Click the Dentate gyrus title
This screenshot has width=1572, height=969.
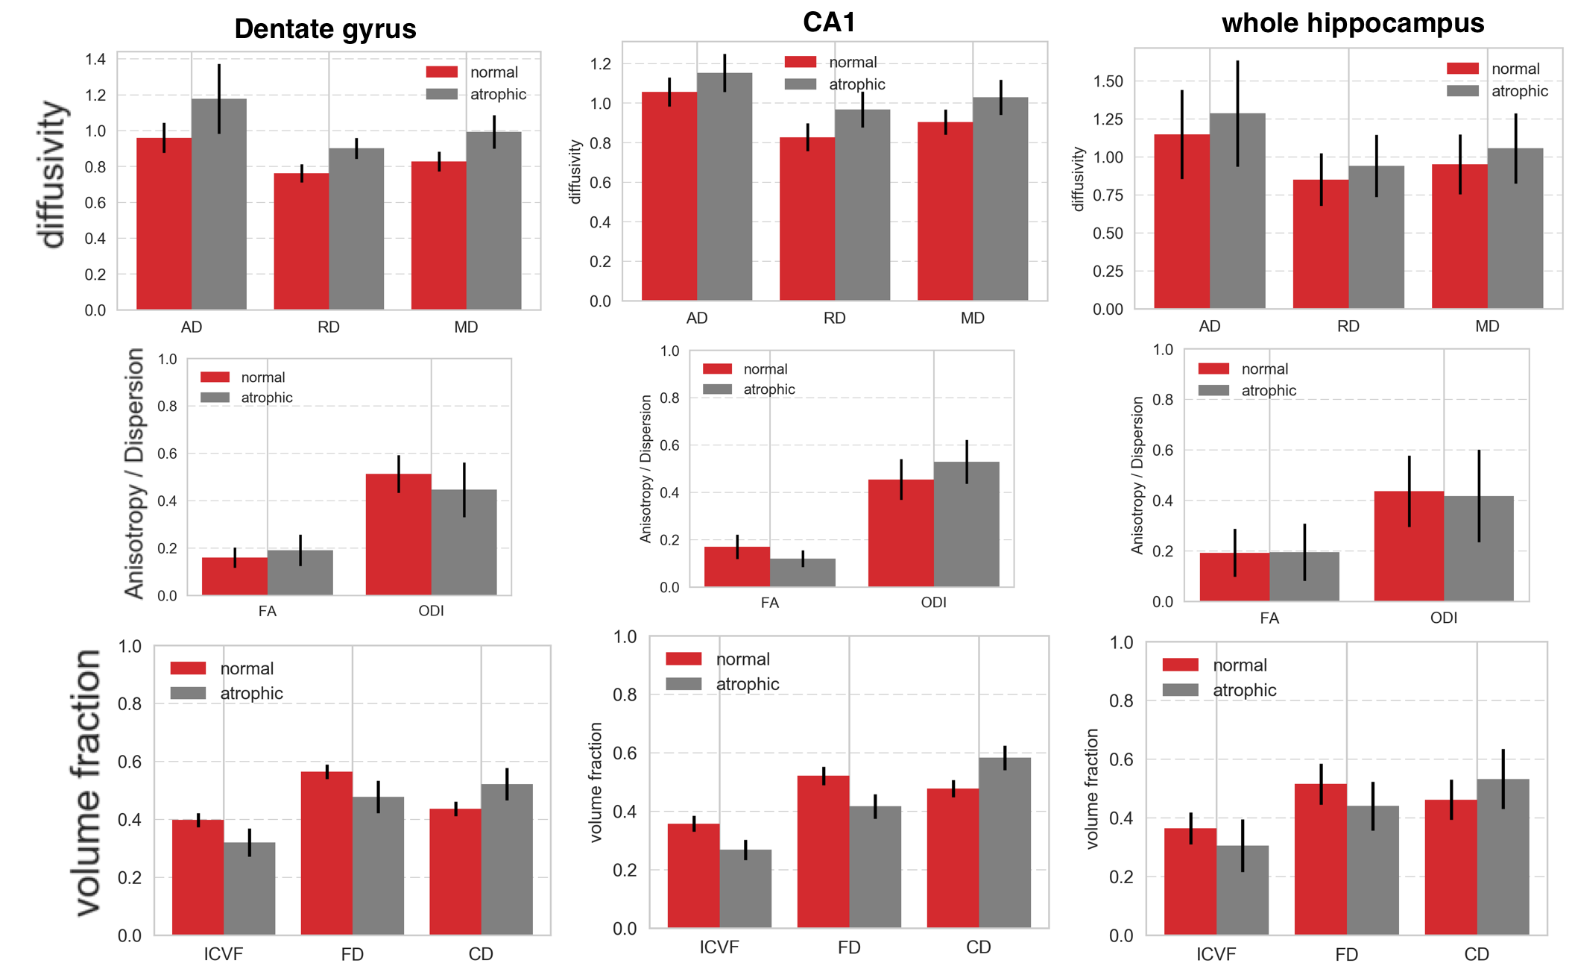point(325,29)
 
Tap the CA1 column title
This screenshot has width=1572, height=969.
point(829,22)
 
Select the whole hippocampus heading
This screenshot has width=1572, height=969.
point(1352,23)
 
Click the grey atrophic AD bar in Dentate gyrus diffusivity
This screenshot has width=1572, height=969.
point(219,209)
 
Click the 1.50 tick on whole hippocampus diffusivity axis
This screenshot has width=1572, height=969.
point(1108,81)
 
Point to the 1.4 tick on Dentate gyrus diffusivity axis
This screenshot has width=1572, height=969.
point(95,59)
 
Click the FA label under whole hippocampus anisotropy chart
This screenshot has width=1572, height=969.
point(1269,618)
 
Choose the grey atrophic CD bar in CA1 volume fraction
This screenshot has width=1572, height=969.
point(1005,843)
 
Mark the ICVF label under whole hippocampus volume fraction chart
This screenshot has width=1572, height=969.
point(1216,954)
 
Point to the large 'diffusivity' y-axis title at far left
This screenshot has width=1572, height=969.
point(52,174)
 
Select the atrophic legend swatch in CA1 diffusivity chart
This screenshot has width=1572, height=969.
point(801,84)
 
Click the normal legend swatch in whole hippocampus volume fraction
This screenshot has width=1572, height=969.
point(1180,665)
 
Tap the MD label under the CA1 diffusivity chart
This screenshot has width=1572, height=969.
point(972,319)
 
